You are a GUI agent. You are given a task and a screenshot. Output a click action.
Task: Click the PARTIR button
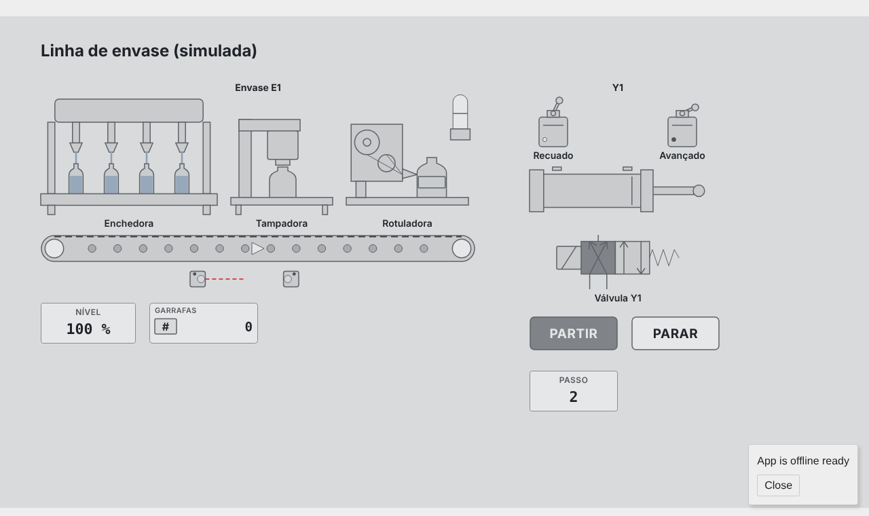pyautogui.click(x=574, y=333)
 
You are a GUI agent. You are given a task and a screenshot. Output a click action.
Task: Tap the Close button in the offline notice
pyautogui.click(x=778, y=485)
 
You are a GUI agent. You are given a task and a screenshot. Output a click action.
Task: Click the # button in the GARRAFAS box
pyautogui.click(x=166, y=327)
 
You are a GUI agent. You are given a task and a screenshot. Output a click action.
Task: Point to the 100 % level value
pyautogui.click(x=88, y=329)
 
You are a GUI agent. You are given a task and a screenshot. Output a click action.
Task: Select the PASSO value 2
pyautogui.click(x=574, y=397)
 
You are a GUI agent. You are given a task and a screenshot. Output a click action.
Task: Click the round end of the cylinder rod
pyautogui.click(x=699, y=191)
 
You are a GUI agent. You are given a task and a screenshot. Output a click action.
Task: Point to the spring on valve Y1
pyautogui.click(x=665, y=257)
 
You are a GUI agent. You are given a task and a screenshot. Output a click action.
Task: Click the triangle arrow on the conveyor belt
pyautogui.click(x=257, y=248)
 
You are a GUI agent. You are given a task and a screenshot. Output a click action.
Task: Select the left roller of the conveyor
pyautogui.click(x=54, y=248)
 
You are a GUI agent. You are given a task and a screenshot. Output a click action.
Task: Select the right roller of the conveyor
pyautogui.click(x=461, y=248)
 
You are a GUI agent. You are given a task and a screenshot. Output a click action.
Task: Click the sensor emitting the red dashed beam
pyautogui.click(x=198, y=279)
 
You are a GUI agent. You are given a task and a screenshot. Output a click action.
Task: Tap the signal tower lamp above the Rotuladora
pyautogui.click(x=460, y=117)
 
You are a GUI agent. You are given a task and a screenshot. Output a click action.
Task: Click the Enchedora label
pyautogui.click(x=129, y=223)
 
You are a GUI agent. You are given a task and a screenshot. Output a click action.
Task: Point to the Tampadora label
pyautogui.click(x=282, y=223)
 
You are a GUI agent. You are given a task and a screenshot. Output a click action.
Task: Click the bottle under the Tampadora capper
pyautogui.click(x=283, y=182)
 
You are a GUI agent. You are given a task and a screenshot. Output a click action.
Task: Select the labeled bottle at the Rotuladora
pyautogui.click(x=432, y=177)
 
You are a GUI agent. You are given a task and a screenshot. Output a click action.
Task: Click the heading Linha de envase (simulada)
pyautogui.click(x=149, y=51)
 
